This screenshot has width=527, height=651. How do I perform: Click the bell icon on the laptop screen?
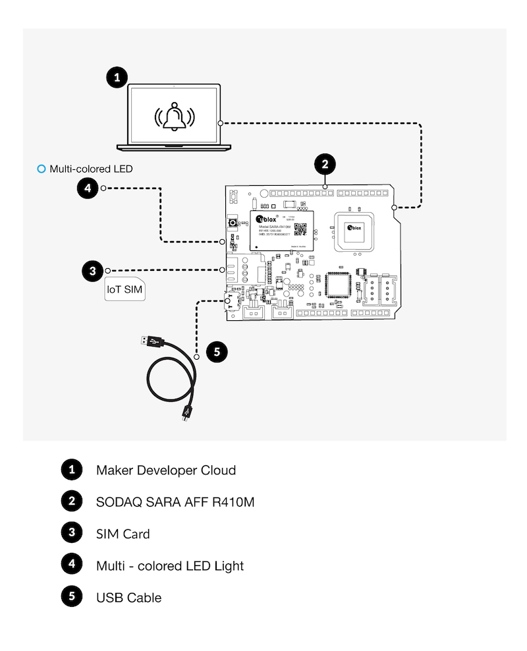pyautogui.click(x=175, y=117)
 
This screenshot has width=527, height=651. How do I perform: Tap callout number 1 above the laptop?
pyautogui.click(x=117, y=78)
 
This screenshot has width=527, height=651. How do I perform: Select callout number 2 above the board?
pyautogui.click(x=325, y=163)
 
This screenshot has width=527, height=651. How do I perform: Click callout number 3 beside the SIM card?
pyautogui.click(x=93, y=270)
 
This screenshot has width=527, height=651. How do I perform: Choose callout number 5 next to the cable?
pyautogui.click(x=218, y=351)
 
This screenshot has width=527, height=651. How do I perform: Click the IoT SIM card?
pyautogui.click(x=125, y=289)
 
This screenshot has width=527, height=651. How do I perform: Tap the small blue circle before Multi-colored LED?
pyautogui.click(x=42, y=169)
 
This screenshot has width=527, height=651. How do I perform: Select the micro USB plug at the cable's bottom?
pyautogui.click(x=186, y=414)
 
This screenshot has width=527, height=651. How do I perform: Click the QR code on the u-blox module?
pyautogui.click(x=300, y=229)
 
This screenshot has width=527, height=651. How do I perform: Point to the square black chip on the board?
pyautogui.click(x=340, y=286)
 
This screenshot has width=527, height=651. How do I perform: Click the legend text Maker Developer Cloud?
pyautogui.click(x=165, y=470)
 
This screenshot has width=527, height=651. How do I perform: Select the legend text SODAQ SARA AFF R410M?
pyautogui.click(x=175, y=502)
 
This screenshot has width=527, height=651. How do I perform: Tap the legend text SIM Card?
pyautogui.click(x=123, y=534)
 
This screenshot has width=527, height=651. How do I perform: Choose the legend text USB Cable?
pyautogui.click(x=128, y=598)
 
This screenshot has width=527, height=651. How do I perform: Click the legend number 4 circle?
pyautogui.click(x=71, y=565)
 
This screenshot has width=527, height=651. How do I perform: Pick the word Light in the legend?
pyautogui.click(x=228, y=566)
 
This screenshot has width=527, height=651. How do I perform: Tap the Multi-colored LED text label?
pyautogui.click(x=91, y=169)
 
